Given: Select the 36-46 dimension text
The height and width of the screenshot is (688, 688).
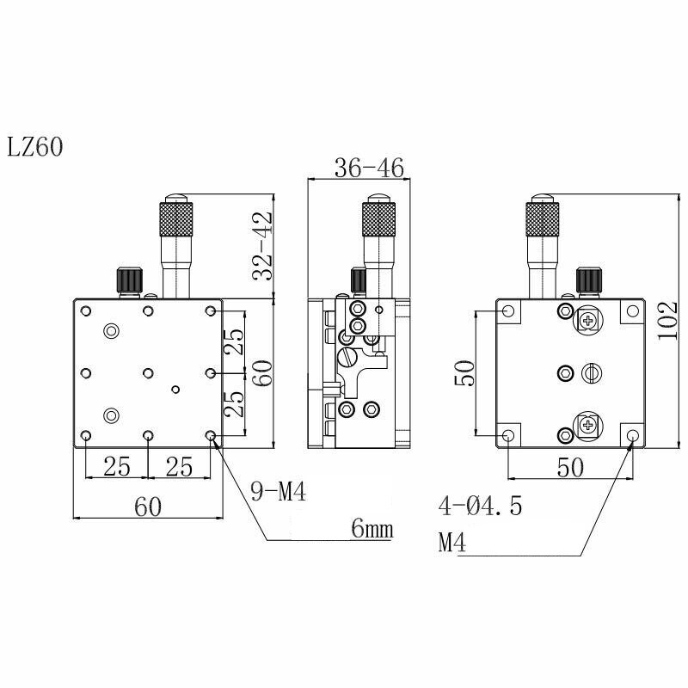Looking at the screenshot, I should (x=358, y=168).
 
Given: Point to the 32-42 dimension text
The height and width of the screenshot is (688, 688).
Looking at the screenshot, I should (x=261, y=247).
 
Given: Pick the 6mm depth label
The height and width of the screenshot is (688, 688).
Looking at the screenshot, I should (x=372, y=530).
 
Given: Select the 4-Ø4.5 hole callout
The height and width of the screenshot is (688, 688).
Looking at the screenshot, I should (x=480, y=506).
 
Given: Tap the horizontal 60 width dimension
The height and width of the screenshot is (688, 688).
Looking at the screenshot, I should (x=148, y=507).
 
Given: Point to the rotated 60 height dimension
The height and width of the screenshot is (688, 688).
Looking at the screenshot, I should (x=261, y=372).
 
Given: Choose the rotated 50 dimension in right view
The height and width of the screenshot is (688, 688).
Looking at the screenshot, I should (x=465, y=372).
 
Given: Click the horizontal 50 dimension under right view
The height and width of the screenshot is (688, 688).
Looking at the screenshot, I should (x=570, y=468).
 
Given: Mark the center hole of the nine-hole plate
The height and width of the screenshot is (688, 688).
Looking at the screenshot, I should (x=149, y=372).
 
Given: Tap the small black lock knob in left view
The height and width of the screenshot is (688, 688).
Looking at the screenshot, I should (x=126, y=279).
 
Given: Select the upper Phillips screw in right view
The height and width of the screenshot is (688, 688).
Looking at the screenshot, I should (x=588, y=321).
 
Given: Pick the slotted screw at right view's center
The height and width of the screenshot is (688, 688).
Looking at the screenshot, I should (x=589, y=372).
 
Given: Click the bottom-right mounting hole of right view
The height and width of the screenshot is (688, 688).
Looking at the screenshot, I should (x=633, y=435).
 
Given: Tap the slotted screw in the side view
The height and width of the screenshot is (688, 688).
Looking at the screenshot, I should (x=348, y=353).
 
